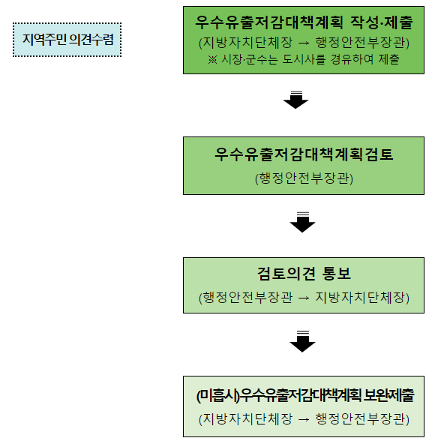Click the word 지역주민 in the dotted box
(44, 39)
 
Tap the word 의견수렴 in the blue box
(91, 39)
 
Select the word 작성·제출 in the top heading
(381, 22)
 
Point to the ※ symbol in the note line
(212, 60)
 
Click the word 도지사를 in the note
(304, 59)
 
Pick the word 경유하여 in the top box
(352, 59)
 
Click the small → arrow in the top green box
(304, 43)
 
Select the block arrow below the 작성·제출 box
(295, 100)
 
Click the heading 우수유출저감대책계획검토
(304, 154)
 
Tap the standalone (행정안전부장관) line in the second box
(304, 178)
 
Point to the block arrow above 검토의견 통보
(302, 222)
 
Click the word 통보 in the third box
(336, 274)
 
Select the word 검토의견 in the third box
(286, 274)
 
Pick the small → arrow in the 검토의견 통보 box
(304, 298)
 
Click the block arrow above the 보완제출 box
(302, 341)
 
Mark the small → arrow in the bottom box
(304, 419)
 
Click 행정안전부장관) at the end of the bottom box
(362, 419)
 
